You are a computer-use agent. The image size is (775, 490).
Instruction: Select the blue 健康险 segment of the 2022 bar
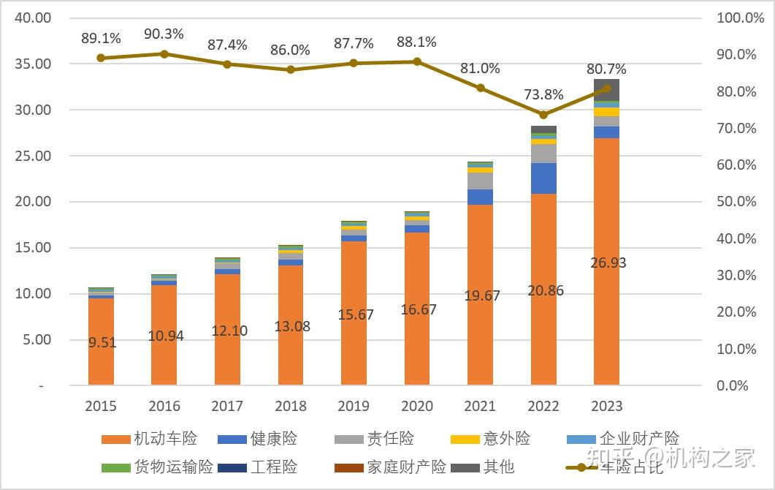tap(543, 178)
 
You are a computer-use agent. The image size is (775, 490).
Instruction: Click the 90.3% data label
tap(164, 34)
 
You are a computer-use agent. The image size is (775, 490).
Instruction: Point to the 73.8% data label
tap(543, 94)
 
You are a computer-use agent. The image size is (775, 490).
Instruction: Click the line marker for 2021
tap(481, 88)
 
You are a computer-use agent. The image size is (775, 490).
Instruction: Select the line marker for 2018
tap(291, 69)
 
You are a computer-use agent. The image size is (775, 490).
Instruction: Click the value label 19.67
tap(481, 295)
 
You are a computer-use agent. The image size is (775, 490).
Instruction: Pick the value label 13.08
tap(291, 326)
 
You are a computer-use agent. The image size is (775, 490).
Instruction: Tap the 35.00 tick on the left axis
tap(33, 64)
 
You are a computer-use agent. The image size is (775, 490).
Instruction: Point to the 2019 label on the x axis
tap(354, 406)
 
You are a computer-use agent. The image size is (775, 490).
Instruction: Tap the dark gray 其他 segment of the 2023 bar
tap(606, 89)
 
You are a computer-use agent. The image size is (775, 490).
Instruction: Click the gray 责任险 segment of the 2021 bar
tap(481, 181)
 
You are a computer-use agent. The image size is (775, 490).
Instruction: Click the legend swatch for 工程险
tap(232, 467)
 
